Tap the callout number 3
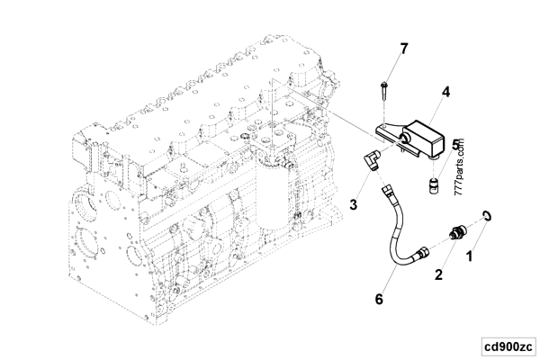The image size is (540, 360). [x=355, y=205]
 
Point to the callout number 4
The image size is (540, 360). [x=445, y=90]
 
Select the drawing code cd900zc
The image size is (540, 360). [x=507, y=345]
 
